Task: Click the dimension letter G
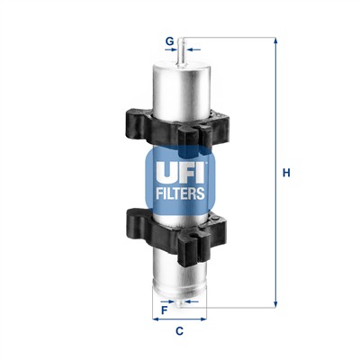(168, 40)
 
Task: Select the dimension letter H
(287, 174)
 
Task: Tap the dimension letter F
(163, 310)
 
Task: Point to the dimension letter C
(179, 331)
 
